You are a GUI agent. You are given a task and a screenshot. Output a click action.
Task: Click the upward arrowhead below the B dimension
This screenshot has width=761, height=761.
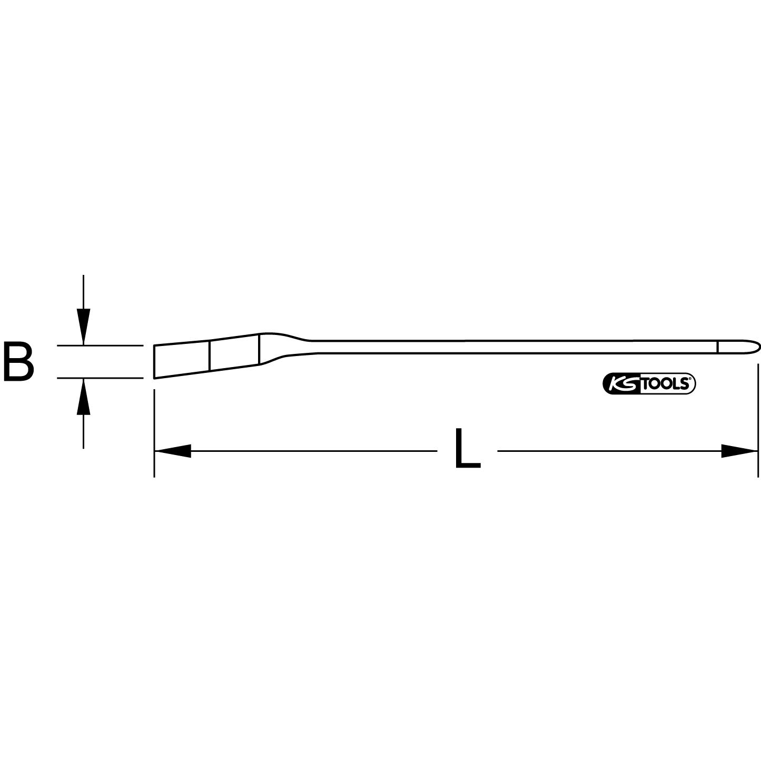tap(83, 397)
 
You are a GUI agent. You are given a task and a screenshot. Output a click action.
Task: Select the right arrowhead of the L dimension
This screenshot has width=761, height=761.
tap(740, 451)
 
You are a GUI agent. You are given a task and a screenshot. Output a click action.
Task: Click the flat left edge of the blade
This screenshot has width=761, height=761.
tap(154, 362)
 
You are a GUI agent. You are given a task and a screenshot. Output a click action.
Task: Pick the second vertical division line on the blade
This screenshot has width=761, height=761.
tap(259, 350)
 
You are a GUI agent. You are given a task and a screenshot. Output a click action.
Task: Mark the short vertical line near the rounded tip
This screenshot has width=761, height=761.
tap(717, 347)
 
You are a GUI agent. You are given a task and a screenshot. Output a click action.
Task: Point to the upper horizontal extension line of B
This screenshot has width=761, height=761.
tap(100, 345)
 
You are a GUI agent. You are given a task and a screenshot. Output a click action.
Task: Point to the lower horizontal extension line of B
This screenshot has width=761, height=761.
tap(100, 378)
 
